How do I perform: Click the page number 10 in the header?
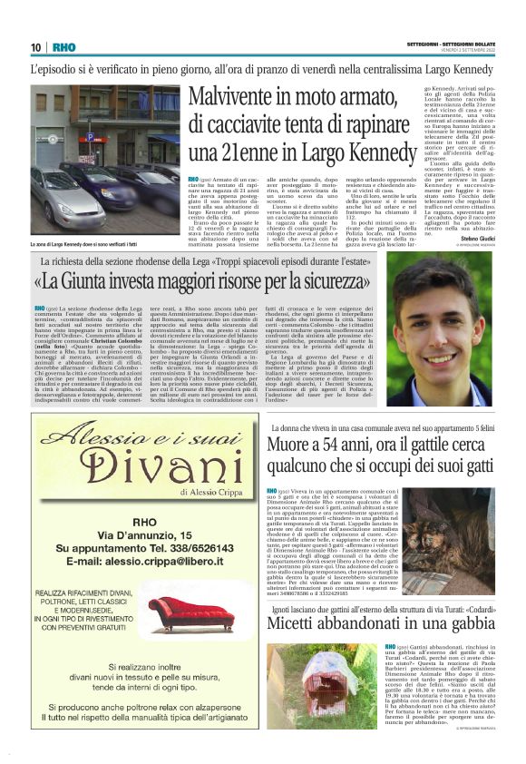35,47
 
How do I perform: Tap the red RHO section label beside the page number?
63,47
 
